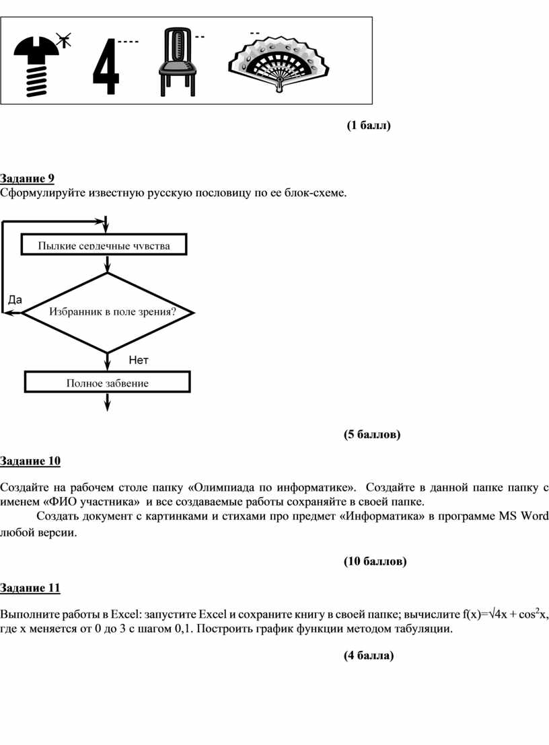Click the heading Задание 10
pyautogui.click(x=30, y=461)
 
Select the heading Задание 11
pyautogui.click(x=30, y=588)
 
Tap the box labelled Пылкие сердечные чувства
pyautogui.click(x=104, y=245)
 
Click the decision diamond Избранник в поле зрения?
pyautogui.click(x=108, y=312)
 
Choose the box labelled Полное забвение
pyautogui.click(x=107, y=383)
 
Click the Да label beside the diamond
pyautogui.click(x=15, y=299)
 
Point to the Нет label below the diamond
pyautogui.click(x=138, y=360)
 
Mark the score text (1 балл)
pyautogui.click(x=369, y=125)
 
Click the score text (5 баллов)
pyautogui.click(x=371, y=434)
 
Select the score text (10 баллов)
pyautogui.click(x=375, y=561)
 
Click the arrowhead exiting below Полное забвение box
pyautogui.click(x=107, y=403)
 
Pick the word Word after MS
pyautogui.click(x=535, y=516)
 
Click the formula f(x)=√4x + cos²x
pyautogui.click(x=504, y=614)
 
